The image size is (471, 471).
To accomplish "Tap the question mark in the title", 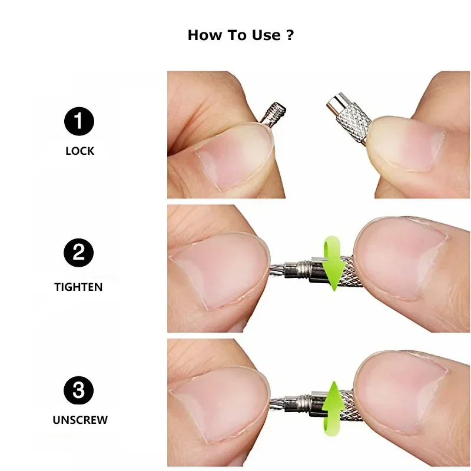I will click(289, 35).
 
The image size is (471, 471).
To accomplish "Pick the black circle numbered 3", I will click(79, 389).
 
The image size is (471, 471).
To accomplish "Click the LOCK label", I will click(79, 151).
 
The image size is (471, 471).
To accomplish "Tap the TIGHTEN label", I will click(78, 287).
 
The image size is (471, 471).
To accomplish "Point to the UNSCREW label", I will click(79, 420).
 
